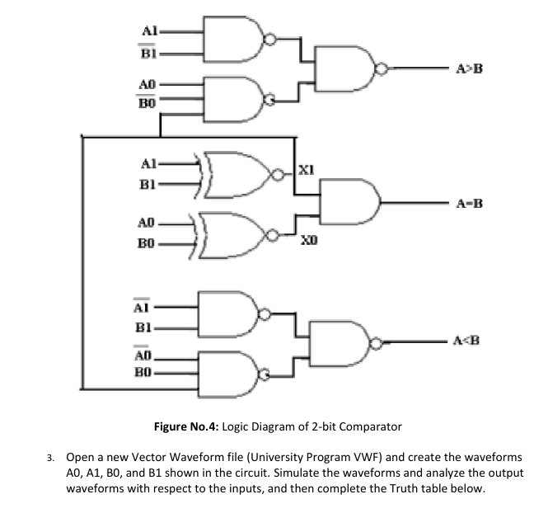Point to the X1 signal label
[304, 171]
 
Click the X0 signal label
[304, 238]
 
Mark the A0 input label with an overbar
[142, 355]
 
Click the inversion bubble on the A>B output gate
[380, 68]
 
